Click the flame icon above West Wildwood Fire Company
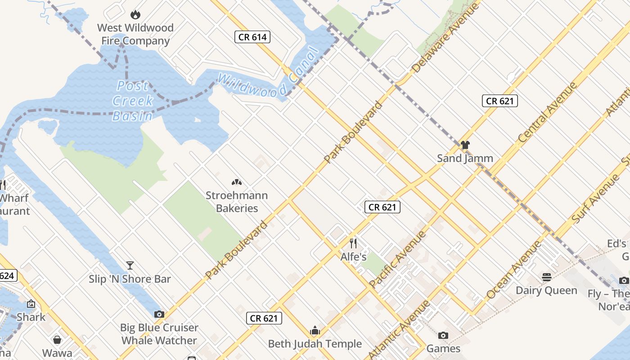click(135, 15)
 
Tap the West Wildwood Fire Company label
click(135, 34)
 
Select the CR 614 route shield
click(252, 37)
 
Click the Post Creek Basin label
click(132, 101)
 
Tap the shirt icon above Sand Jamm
click(465, 145)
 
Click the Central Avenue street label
click(548, 112)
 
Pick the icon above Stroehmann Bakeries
click(237, 182)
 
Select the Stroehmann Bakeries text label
click(237, 202)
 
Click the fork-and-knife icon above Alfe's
click(353, 243)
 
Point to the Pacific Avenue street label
click(397, 260)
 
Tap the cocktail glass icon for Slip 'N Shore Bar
click(130, 265)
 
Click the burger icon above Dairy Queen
click(547, 277)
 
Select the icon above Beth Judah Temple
click(315, 331)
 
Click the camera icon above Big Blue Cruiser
click(159, 314)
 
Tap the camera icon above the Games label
click(443, 335)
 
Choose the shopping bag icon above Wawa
click(57, 339)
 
